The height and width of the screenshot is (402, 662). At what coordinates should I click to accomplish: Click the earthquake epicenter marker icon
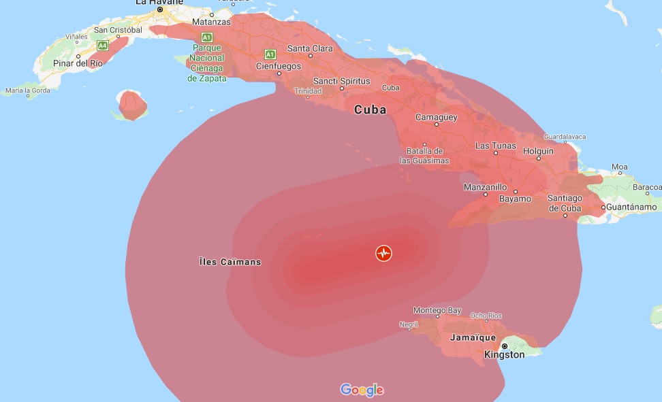384,253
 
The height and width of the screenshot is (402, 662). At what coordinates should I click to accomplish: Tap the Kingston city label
504,354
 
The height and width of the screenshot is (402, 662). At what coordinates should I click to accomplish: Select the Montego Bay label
438,310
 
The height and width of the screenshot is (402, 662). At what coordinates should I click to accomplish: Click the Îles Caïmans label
230,262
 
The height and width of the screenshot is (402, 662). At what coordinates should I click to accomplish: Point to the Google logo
362,390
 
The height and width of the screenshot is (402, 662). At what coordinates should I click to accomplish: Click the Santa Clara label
310,48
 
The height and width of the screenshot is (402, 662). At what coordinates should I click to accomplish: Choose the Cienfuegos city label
278,66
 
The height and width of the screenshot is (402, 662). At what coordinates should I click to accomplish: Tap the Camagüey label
436,117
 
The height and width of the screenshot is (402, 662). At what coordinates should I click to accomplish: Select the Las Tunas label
496,146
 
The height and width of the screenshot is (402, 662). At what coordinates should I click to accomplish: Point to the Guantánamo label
633,207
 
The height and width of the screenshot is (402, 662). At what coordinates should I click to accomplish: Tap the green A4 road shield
102,46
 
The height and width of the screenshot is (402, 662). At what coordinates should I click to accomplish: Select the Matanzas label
231,21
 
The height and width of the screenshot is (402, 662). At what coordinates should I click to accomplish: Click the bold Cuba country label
370,110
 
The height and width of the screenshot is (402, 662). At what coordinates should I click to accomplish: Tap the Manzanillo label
485,186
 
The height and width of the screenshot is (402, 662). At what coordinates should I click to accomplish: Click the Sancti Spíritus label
341,81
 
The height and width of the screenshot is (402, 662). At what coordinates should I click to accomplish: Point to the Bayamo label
515,199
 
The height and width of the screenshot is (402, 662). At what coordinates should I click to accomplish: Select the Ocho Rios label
486,316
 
